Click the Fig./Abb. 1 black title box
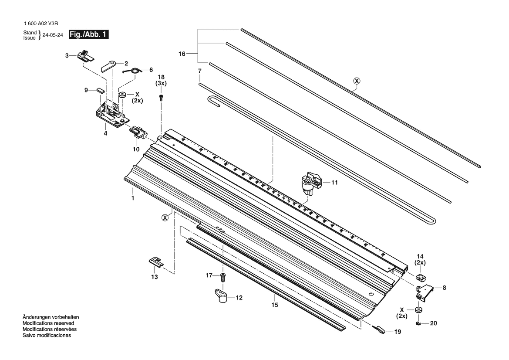[88, 34]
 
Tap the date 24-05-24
[53, 35]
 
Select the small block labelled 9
[100, 90]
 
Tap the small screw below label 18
[161, 98]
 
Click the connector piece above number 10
[138, 132]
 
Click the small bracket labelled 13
[156, 262]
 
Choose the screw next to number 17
[222, 278]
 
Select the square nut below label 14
[421, 277]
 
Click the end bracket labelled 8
[425, 291]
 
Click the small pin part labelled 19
[379, 329]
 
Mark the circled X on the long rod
[357, 81]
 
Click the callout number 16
[182, 54]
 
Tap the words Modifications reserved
[48, 323]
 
